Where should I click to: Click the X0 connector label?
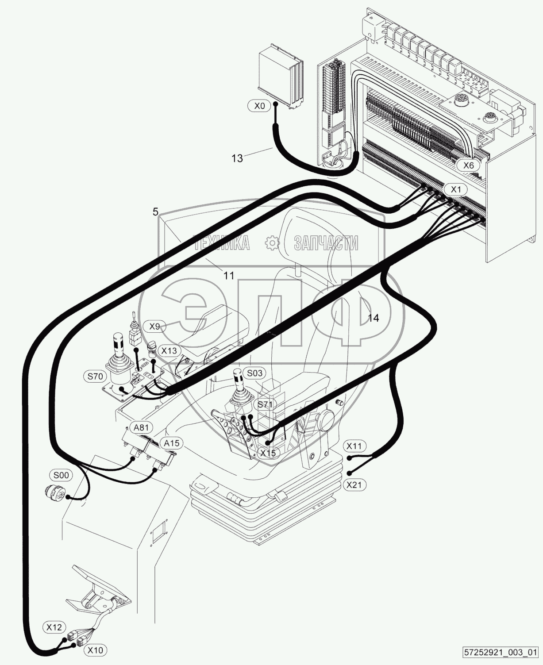tap(259, 106)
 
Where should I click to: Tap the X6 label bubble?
tap(469, 165)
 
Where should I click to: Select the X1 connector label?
tap(456, 189)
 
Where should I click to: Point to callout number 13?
tap(237, 158)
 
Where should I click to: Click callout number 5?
tap(155, 212)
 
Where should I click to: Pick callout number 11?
tap(229, 276)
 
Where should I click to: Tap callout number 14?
tap(374, 318)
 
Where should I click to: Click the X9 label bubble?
tap(154, 327)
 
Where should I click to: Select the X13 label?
tap(169, 350)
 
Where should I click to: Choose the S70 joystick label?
tap(95, 377)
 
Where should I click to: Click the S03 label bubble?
tap(254, 373)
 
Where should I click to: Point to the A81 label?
tap(141, 427)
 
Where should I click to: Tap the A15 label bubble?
tap(172, 443)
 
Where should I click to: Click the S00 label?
tap(61, 475)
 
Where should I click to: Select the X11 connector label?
tap(354, 446)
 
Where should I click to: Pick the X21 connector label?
tap(354, 484)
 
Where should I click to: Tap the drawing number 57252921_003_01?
tap(501, 652)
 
